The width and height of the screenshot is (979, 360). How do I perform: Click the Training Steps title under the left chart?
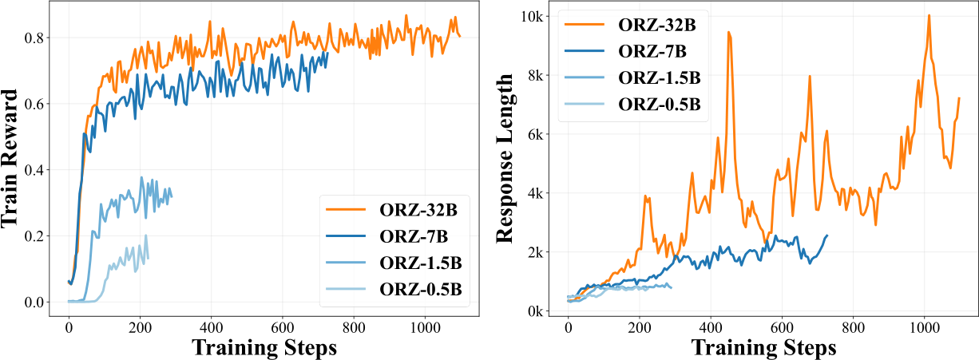tap(265, 347)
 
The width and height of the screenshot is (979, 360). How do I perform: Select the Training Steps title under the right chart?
tap(764, 347)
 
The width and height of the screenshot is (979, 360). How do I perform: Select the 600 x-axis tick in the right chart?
tap(782, 326)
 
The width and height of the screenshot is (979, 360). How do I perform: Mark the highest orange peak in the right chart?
tap(929, 15)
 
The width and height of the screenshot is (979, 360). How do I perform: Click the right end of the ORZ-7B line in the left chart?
tap(327, 53)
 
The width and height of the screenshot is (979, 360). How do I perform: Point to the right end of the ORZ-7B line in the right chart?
tap(827, 235)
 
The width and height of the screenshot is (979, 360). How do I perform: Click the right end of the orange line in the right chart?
tap(958, 98)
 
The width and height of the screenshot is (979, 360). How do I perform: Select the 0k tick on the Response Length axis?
tap(534, 311)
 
